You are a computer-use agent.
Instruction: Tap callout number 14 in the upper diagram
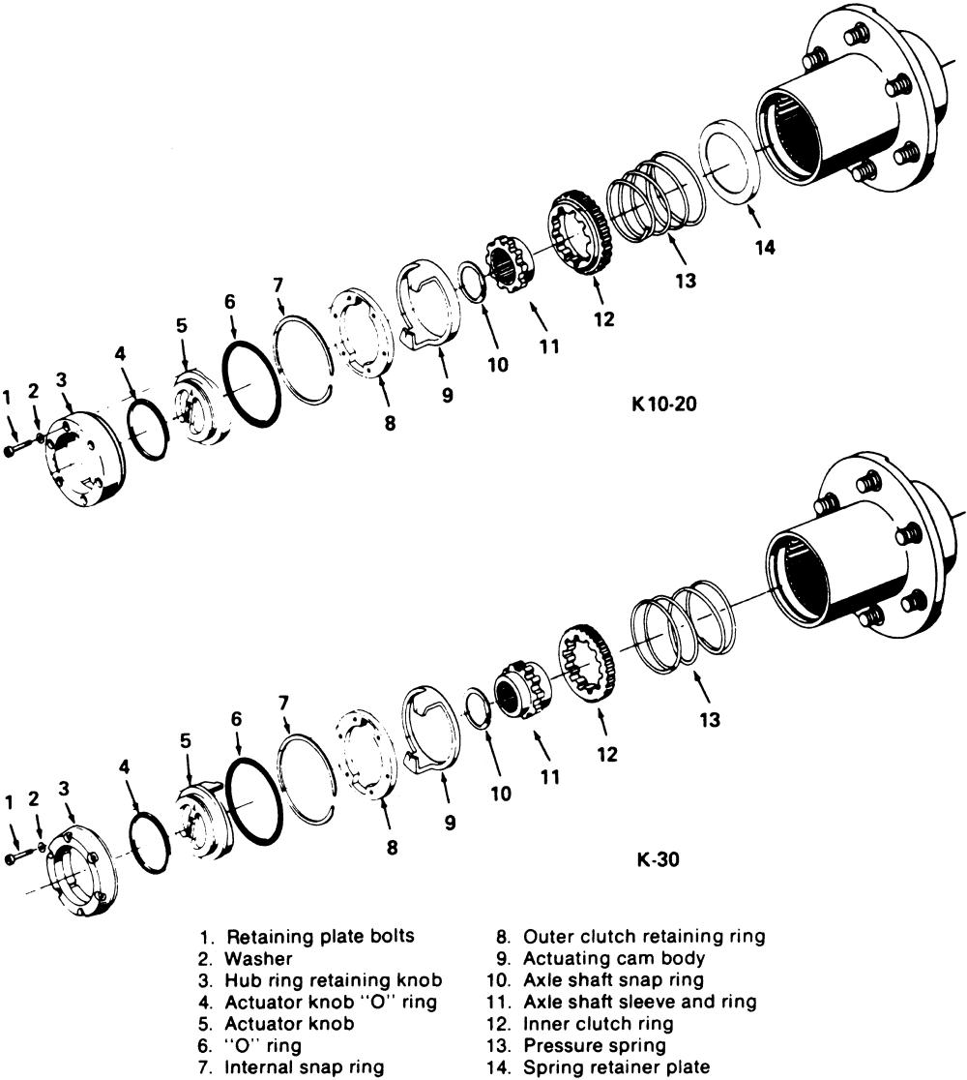tap(765, 247)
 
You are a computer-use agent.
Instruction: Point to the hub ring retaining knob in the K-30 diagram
tap(83, 861)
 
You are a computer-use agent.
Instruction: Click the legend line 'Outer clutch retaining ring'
tap(644, 937)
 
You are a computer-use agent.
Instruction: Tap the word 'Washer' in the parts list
tap(252, 958)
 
